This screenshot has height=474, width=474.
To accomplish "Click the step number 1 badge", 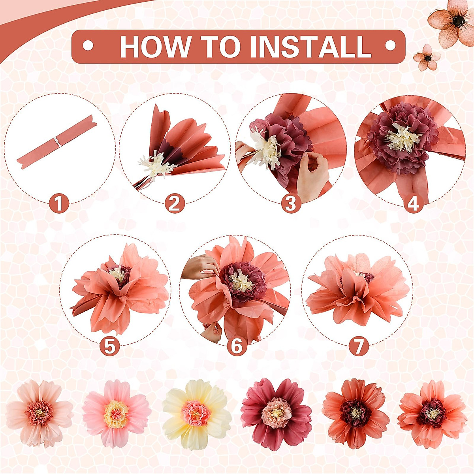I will (59, 204).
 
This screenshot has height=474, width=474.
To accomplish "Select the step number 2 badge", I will (175, 204).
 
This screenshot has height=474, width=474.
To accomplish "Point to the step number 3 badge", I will (291, 204).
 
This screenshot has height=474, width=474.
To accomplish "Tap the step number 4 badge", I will (413, 204).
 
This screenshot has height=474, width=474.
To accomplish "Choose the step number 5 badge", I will (109, 346).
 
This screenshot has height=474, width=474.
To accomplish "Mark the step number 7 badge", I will (359, 346).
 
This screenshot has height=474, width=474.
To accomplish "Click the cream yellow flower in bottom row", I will (196, 414).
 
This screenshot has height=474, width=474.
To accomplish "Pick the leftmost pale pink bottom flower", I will (39, 413).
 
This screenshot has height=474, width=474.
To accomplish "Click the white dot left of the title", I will (88, 46).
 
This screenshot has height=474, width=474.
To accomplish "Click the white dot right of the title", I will (390, 46).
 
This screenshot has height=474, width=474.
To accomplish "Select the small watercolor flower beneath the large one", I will (427, 58).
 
